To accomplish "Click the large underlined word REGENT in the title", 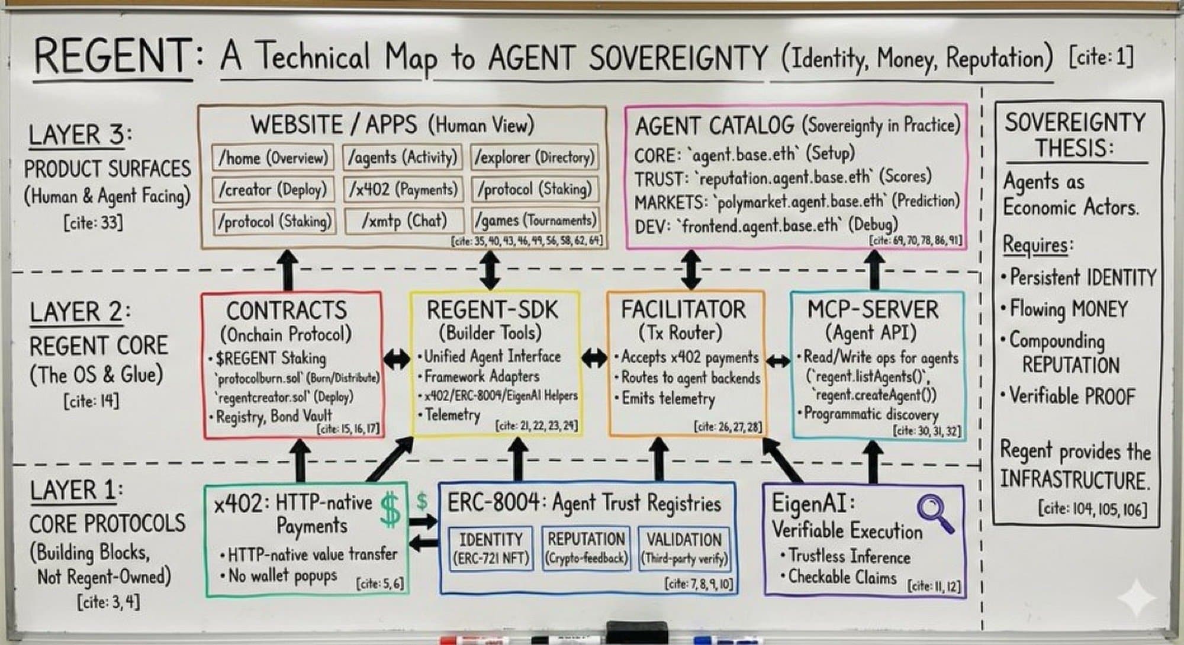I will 112,56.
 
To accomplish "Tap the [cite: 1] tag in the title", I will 1101,57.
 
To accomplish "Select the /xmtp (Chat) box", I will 405,221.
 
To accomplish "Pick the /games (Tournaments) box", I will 535,220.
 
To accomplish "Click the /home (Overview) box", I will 273,157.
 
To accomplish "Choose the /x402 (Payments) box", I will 403,189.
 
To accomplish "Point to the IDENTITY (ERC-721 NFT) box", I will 491,549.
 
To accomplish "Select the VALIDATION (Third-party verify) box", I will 684,549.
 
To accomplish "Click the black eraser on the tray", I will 637,631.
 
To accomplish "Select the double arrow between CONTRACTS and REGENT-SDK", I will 397,358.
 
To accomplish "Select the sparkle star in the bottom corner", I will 1137,598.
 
